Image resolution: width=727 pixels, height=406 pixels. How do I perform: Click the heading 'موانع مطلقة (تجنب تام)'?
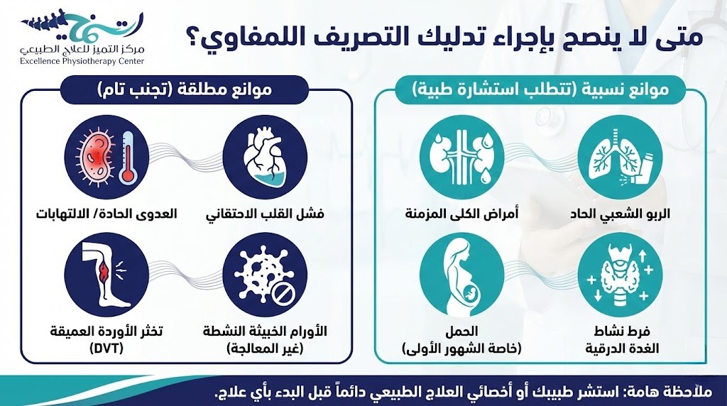point(185,91)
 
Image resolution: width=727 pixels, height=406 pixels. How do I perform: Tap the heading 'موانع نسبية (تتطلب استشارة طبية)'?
point(540,91)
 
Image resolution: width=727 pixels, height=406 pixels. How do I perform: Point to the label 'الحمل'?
point(464,331)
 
